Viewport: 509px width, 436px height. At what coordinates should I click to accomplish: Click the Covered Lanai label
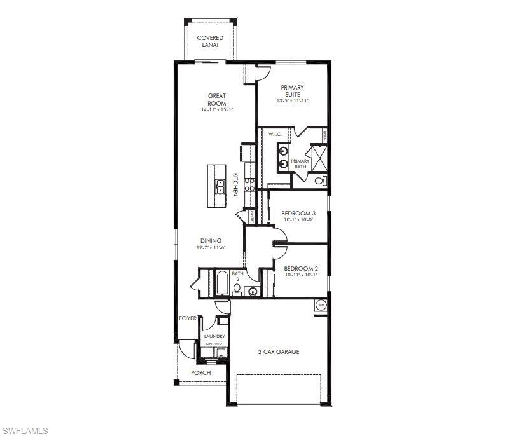click(210, 42)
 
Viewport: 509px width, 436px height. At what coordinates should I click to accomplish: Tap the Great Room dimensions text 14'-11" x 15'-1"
click(216, 110)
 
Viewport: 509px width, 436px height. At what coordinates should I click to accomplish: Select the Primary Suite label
click(292, 91)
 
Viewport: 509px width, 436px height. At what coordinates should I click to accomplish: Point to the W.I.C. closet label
click(275, 134)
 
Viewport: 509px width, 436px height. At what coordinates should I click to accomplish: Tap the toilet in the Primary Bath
click(320, 181)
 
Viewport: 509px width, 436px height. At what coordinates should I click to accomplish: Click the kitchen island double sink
click(220, 186)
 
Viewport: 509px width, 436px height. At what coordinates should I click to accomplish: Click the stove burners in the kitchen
click(250, 185)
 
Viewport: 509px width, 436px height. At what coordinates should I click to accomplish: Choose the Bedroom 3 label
click(298, 213)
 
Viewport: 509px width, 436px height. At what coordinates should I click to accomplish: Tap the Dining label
click(211, 240)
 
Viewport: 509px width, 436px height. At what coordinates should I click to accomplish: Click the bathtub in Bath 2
click(222, 284)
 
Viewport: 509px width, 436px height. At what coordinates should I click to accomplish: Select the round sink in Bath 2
click(253, 292)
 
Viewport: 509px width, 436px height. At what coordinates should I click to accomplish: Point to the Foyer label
click(187, 318)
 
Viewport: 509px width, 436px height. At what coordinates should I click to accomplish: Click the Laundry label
click(214, 336)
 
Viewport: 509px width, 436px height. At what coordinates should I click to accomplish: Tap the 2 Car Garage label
click(278, 351)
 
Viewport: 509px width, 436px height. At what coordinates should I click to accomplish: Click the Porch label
click(200, 372)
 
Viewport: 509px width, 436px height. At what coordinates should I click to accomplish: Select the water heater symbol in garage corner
click(321, 305)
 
